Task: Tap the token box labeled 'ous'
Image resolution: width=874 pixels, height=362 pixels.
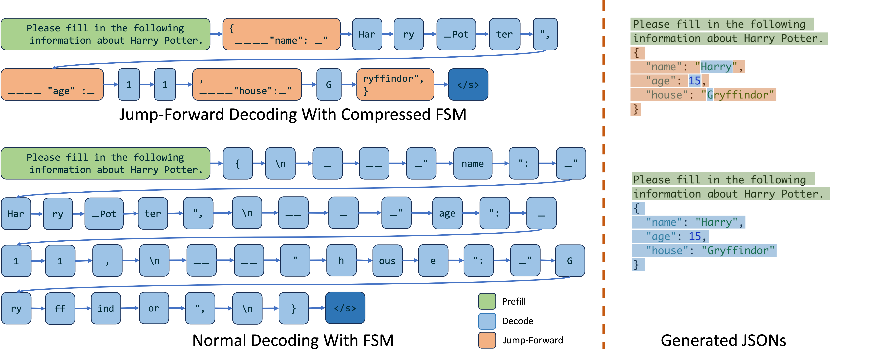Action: click(x=387, y=261)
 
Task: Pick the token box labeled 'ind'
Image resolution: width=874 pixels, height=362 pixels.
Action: click(x=106, y=308)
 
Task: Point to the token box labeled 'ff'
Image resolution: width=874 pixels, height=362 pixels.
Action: click(x=60, y=308)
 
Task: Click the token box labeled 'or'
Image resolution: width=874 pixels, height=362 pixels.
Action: click(x=154, y=308)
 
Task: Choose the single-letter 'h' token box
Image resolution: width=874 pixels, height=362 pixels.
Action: click(x=341, y=261)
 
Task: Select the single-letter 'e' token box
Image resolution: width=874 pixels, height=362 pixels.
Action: click(x=433, y=261)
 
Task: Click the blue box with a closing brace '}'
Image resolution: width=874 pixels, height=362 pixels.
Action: click(x=293, y=308)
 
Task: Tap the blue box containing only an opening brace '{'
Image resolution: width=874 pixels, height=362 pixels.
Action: click(x=238, y=163)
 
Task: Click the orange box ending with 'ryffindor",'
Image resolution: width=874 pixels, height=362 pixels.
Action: click(x=395, y=84)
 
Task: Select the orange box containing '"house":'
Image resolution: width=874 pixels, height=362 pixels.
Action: click(x=247, y=84)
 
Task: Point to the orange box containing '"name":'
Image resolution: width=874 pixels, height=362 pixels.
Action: click(x=281, y=34)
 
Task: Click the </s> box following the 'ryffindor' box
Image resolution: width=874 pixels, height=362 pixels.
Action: click(x=468, y=84)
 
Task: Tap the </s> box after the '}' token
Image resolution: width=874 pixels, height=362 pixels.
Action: click(x=345, y=308)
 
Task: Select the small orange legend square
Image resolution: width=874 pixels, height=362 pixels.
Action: click(x=487, y=340)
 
